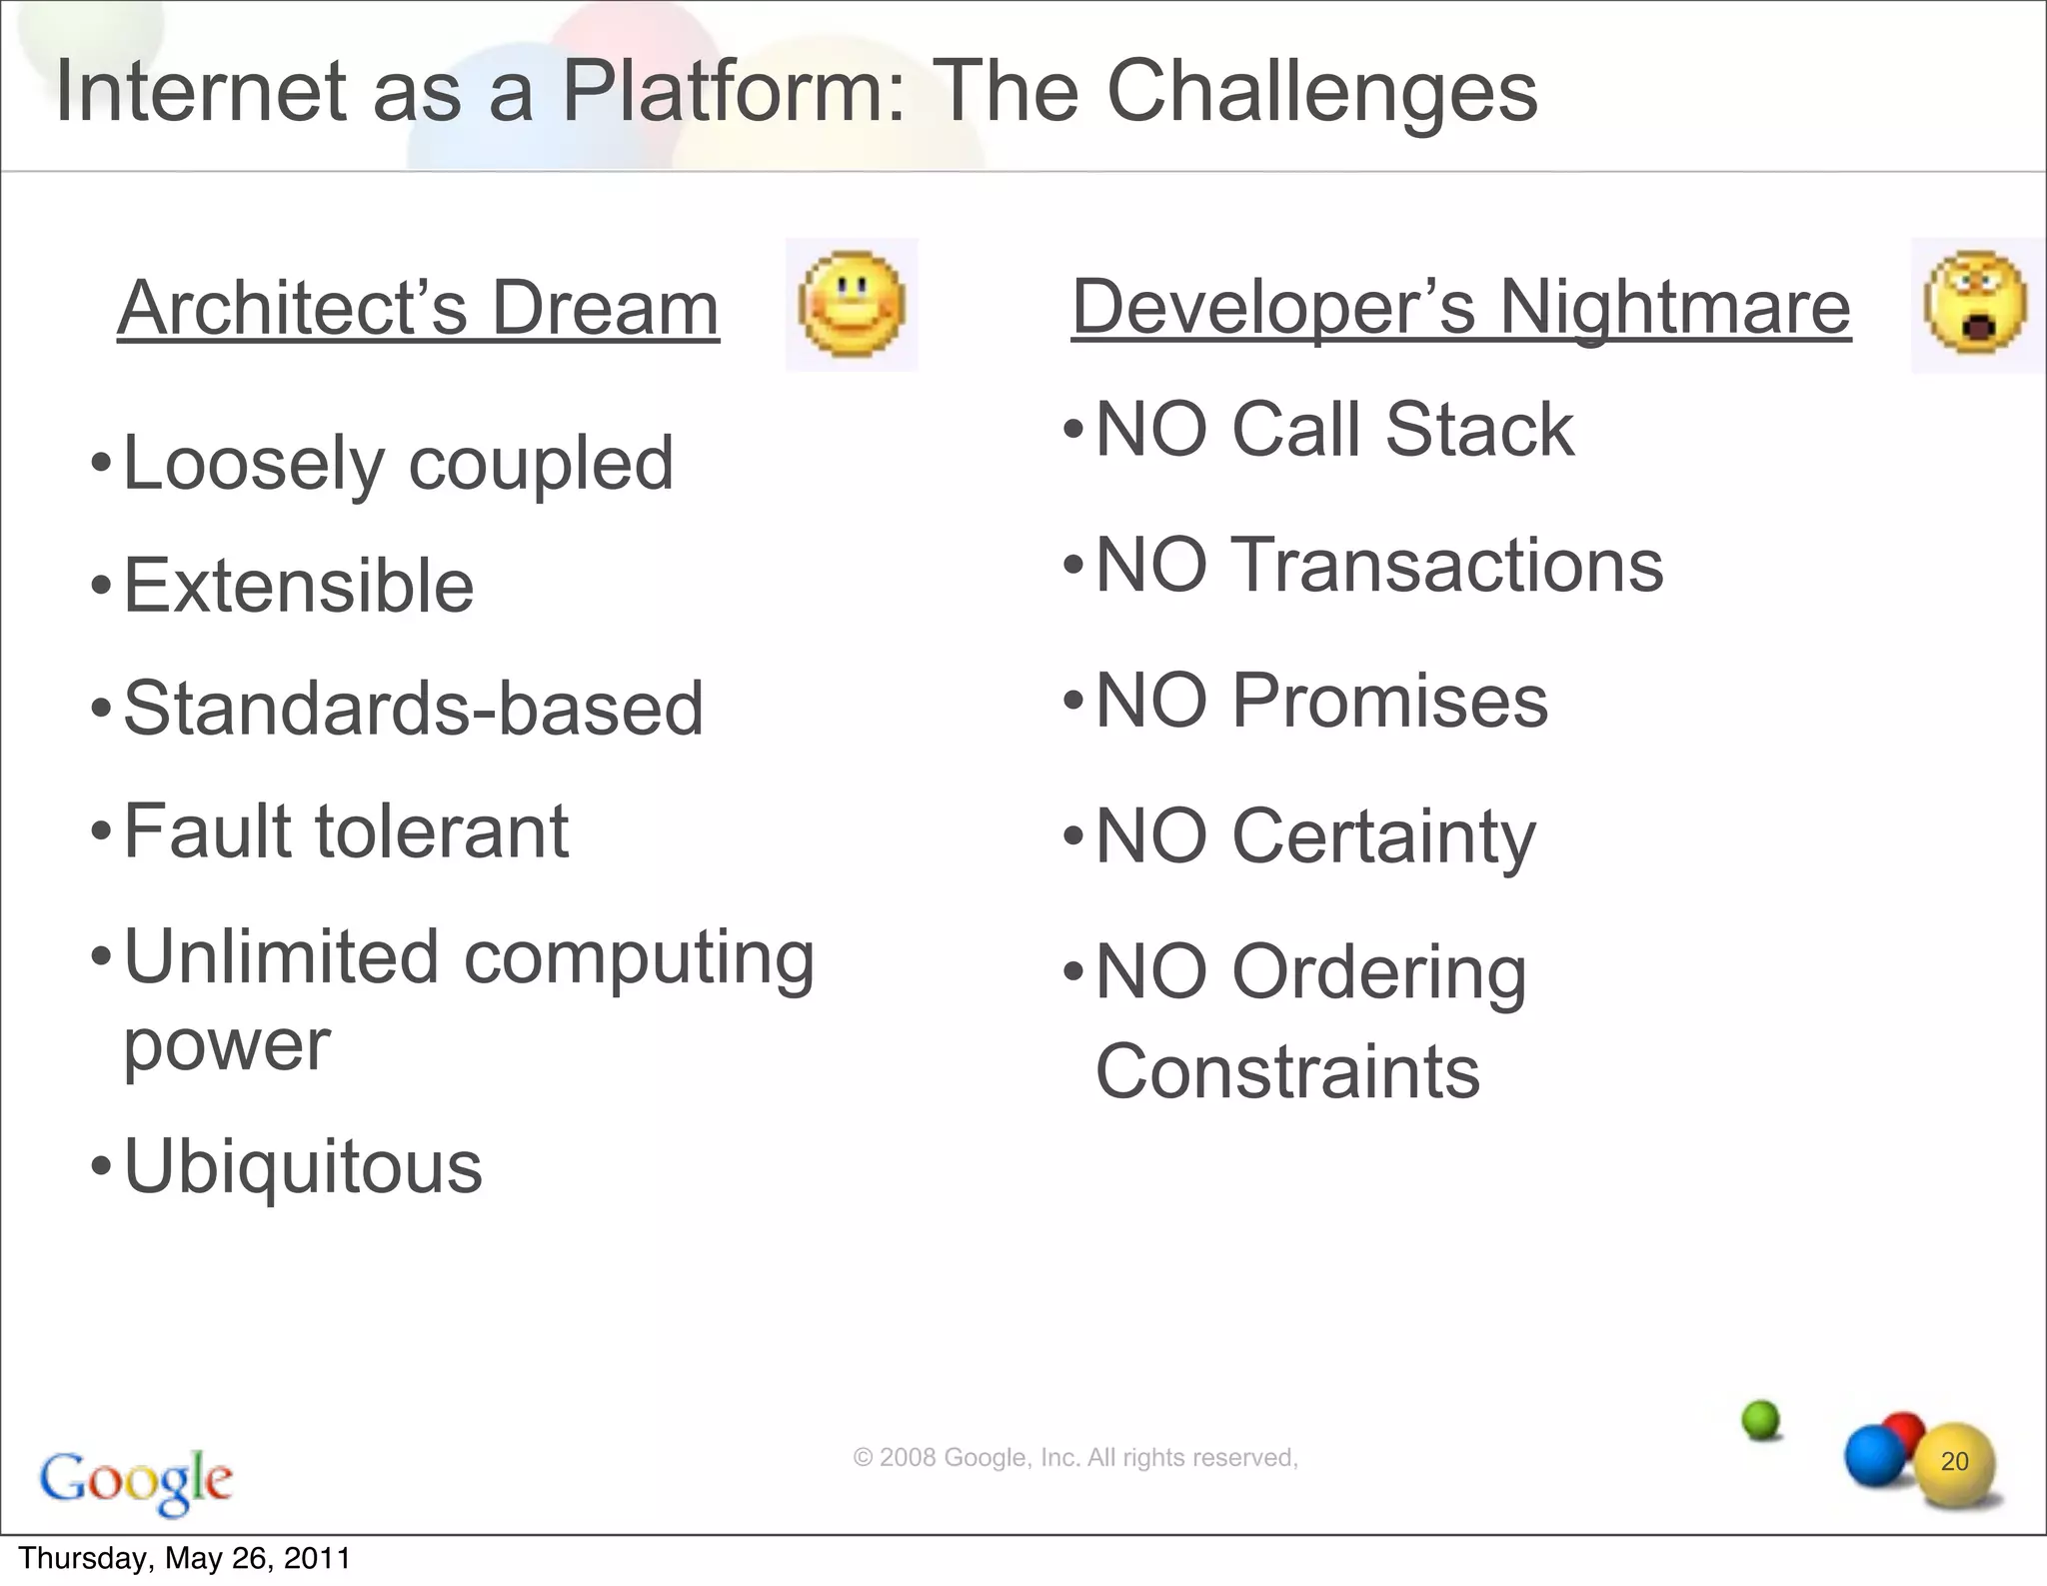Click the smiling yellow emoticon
point(852,304)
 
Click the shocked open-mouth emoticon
point(1975,304)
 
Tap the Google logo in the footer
point(136,1480)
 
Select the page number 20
point(1954,1461)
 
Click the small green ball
point(1761,1419)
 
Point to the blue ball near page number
point(1874,1457)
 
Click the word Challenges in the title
point(1321,92)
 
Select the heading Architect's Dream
point(418,308)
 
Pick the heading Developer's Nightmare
point(1460,307)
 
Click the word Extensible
point(298,586)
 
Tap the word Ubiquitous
point(302,1166)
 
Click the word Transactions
point(1447,566)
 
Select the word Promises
point(1389,701)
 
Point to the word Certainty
point(1383,836)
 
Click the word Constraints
point(1287,1071)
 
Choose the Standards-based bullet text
point(413,709)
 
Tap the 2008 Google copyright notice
point(1074,1458)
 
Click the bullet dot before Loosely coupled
point(100,465)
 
